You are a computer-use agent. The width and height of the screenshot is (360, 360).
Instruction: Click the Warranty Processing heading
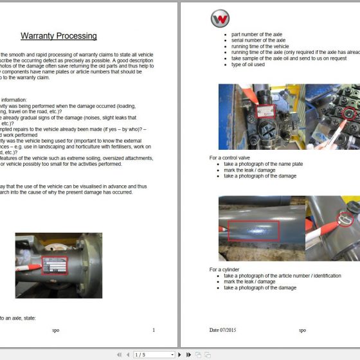(x=59, y=36)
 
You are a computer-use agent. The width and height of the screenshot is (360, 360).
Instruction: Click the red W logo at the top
(x=220, y=18)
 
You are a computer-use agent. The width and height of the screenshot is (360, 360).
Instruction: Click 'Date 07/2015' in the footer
(x=223, y=330)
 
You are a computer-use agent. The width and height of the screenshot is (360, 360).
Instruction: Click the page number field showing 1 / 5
(x=151, y=354)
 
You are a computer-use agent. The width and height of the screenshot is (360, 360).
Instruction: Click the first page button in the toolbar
(x=119, y=354)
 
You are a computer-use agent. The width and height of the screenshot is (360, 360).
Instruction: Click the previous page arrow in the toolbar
(x=127, y=354)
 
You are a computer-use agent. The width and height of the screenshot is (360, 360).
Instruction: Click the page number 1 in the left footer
(x=154, y=330)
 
